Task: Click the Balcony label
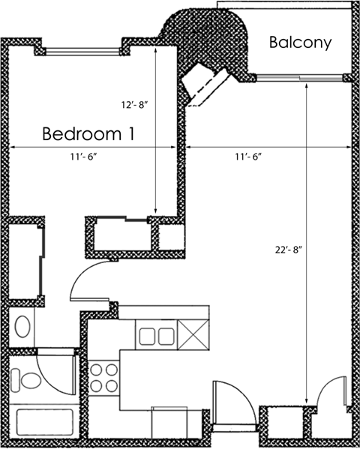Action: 300,42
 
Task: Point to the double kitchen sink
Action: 155,334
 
